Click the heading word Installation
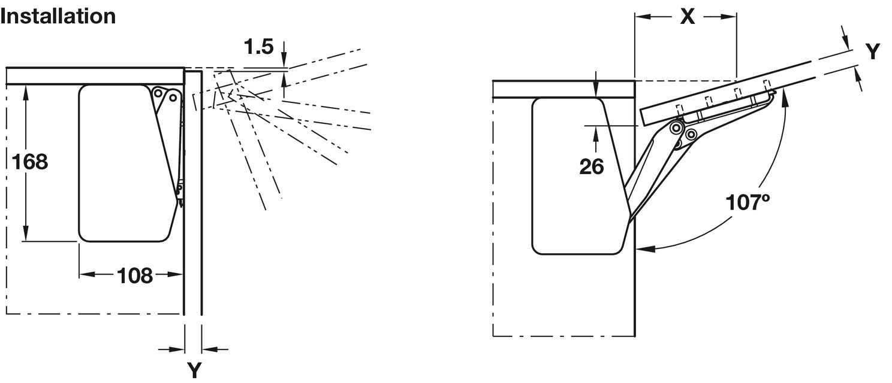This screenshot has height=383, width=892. [x=58, y=16]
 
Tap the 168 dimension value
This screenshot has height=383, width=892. [x=29, y=162]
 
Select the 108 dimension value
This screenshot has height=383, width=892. [x=134, y=275]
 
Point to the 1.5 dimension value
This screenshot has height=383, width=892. [x=259, y=47]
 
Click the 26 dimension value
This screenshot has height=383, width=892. [x=591, y=167]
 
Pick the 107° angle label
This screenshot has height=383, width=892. [x=748, y=202]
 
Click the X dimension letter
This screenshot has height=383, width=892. [x=687, y=17]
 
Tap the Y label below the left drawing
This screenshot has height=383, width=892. [x=194, y=369]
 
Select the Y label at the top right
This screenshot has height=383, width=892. [x=873, y=52]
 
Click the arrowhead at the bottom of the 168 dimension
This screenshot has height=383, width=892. [x=26, y=235]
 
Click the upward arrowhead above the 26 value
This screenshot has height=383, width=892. [x=595, y=132]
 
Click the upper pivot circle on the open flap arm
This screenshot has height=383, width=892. [x=676, y=127]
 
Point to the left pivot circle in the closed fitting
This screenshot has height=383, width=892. [x=158, y=93]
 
